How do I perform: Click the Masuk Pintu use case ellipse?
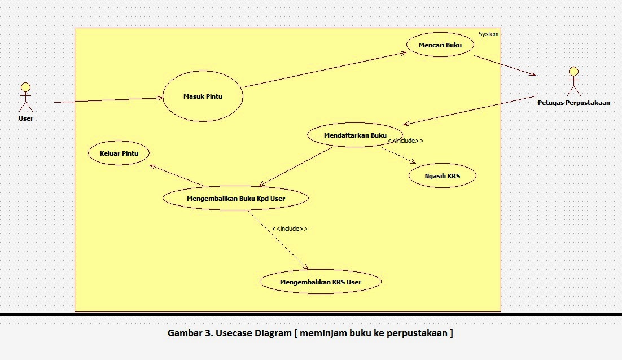click(203, 96)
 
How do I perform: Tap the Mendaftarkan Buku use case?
click(355, 135)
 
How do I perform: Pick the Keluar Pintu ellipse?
click(119, 153)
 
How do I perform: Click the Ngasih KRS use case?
click(443, 176)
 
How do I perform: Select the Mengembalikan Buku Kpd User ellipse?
click(235, 198)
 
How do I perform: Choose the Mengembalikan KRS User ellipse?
click(320, 282)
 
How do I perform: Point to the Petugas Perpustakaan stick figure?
click(573, 81)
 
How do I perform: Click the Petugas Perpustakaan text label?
click(573, 103)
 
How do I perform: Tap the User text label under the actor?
click(25, 118)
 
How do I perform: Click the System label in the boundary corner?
click(488, 34)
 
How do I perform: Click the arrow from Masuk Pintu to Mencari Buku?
click(325, 70)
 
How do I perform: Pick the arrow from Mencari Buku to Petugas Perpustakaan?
click(504, 65)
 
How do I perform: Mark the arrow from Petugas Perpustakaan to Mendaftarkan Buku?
click(468, 111)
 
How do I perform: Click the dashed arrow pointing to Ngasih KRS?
click(398, 156)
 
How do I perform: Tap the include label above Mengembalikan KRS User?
click(290, 229)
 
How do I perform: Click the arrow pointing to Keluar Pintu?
click(176, 175)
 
